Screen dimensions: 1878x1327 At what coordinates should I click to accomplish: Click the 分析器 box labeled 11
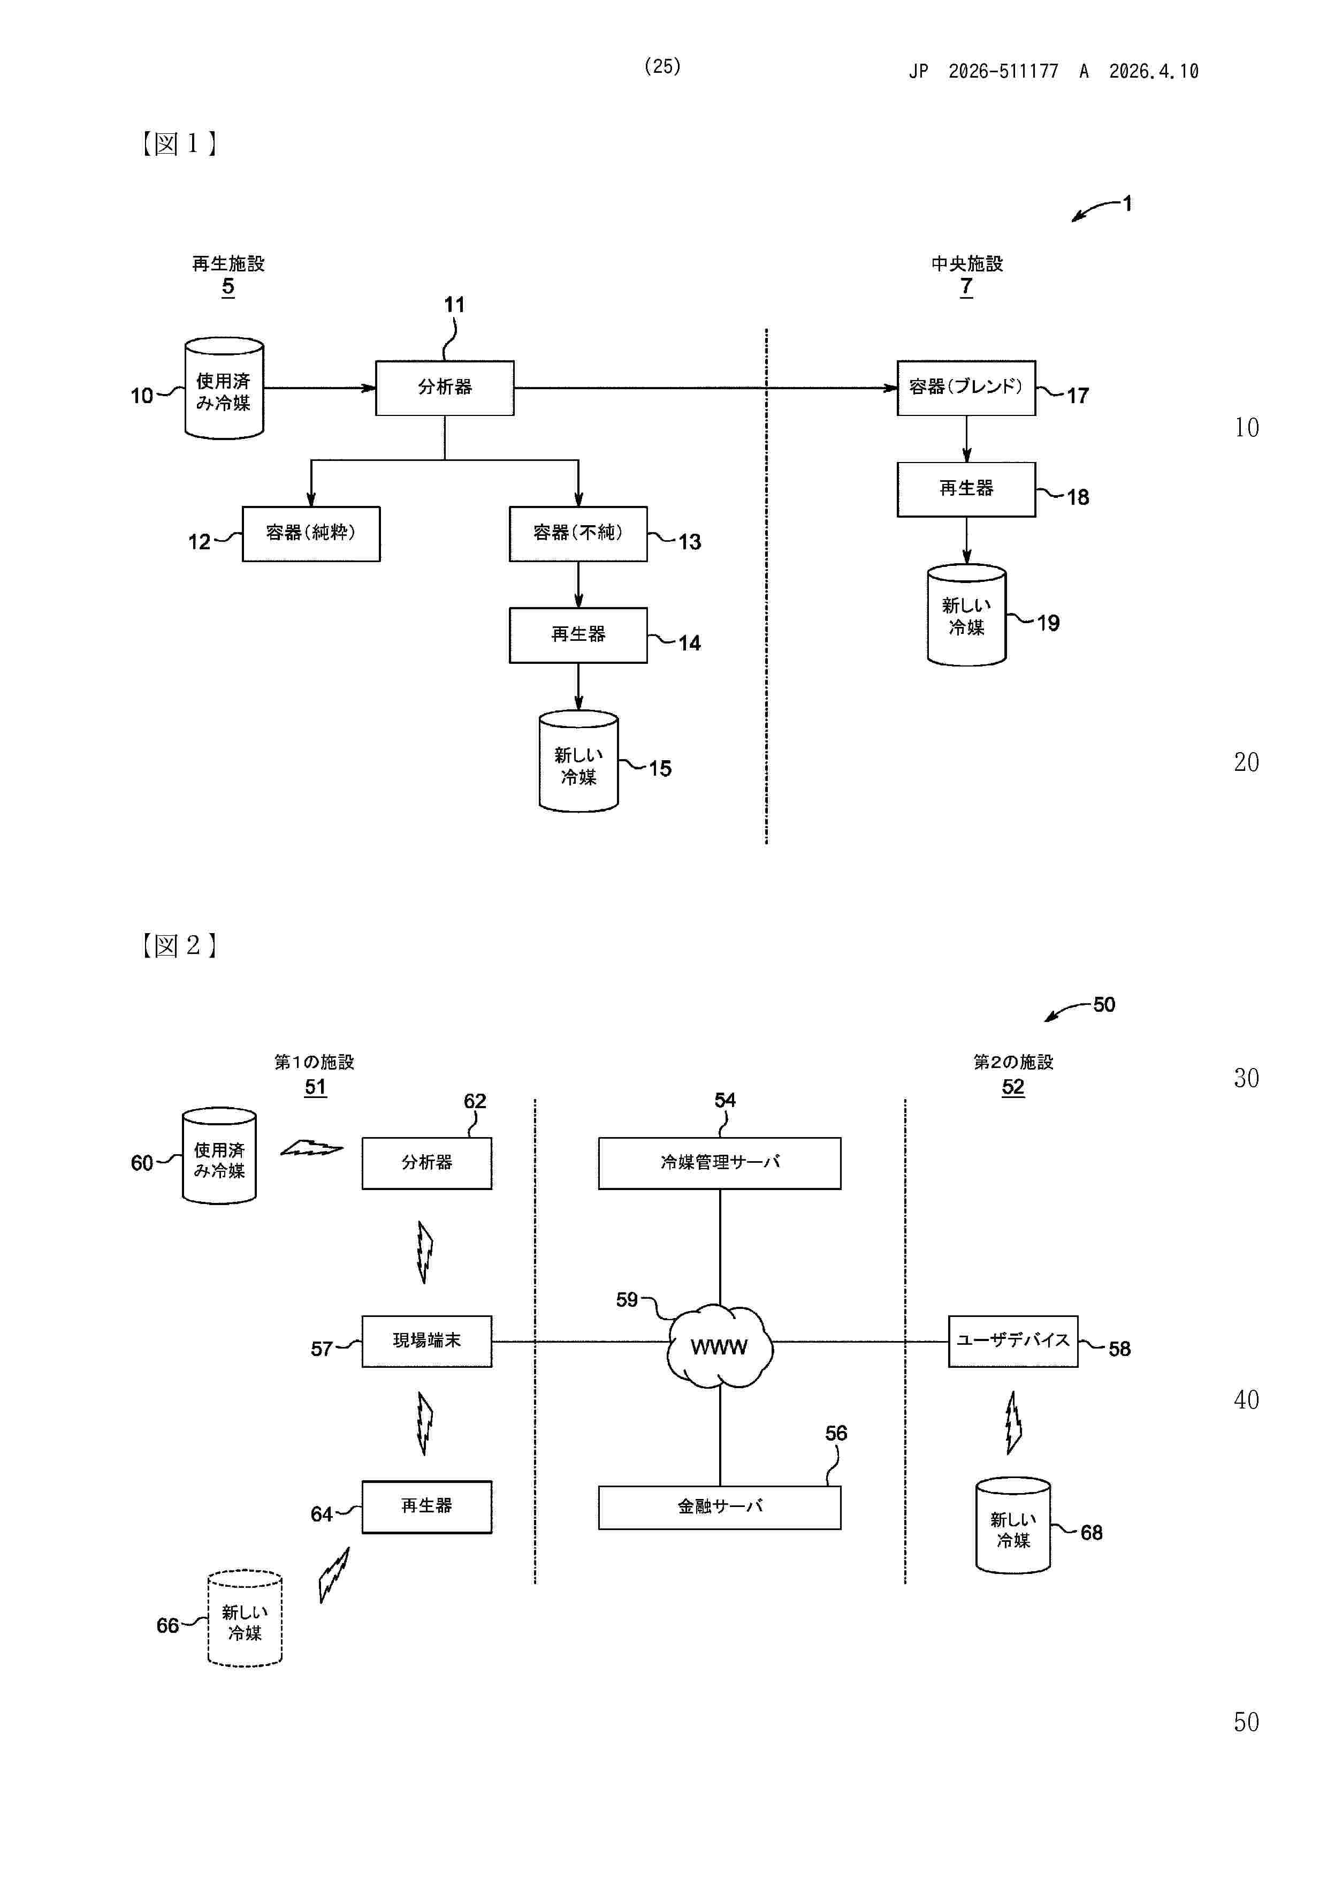point(444,388)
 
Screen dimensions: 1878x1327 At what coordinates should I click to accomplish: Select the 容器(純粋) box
point(311,533)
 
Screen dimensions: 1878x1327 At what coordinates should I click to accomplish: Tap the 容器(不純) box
point(578,533)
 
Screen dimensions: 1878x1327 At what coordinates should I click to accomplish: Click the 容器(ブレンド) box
point(966,388)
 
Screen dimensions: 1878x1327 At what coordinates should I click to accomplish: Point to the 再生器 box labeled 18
point(966,489)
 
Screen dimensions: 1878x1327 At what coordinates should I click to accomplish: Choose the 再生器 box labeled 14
point(578,635)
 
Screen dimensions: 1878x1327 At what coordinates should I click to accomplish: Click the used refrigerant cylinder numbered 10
point(224,389)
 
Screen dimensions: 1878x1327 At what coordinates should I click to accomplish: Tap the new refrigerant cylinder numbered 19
point(966,615)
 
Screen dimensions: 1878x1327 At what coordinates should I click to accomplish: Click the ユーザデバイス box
point(1013,1341)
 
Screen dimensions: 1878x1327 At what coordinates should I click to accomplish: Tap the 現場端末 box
point(427,1341)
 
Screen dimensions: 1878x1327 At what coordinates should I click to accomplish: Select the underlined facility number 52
point(1013,1087)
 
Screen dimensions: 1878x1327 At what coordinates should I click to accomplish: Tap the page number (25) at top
point(662,66)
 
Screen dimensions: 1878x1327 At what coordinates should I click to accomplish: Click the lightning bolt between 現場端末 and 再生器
point(424,1424)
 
